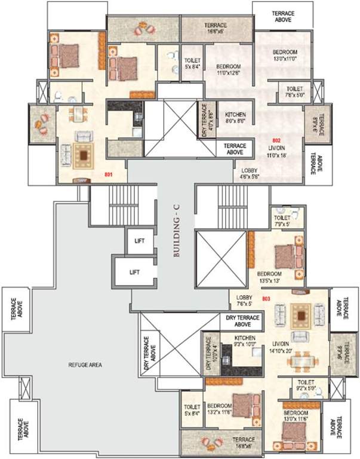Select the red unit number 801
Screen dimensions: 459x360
click(x=109, y=175)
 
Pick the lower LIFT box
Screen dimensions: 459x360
click(x=134, y=272)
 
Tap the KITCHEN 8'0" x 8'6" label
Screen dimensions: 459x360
click(x=235, y=118)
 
